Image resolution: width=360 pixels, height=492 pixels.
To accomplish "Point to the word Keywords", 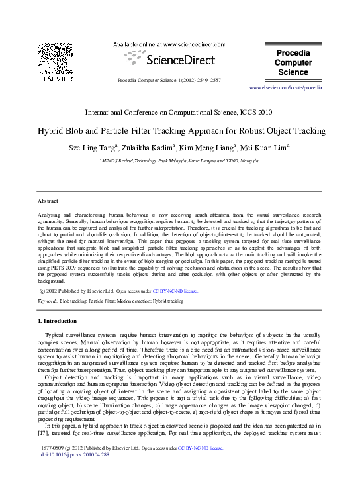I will (48, 301).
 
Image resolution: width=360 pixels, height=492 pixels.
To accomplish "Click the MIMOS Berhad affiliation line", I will (179, 161).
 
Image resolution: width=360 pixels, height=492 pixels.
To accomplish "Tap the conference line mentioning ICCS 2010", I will (179, 113).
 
